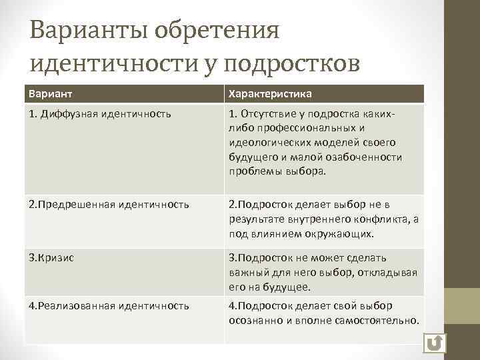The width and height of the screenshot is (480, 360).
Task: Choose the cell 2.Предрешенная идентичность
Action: (x=109, y=204)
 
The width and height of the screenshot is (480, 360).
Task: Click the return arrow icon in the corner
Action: (x=435, y=343)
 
